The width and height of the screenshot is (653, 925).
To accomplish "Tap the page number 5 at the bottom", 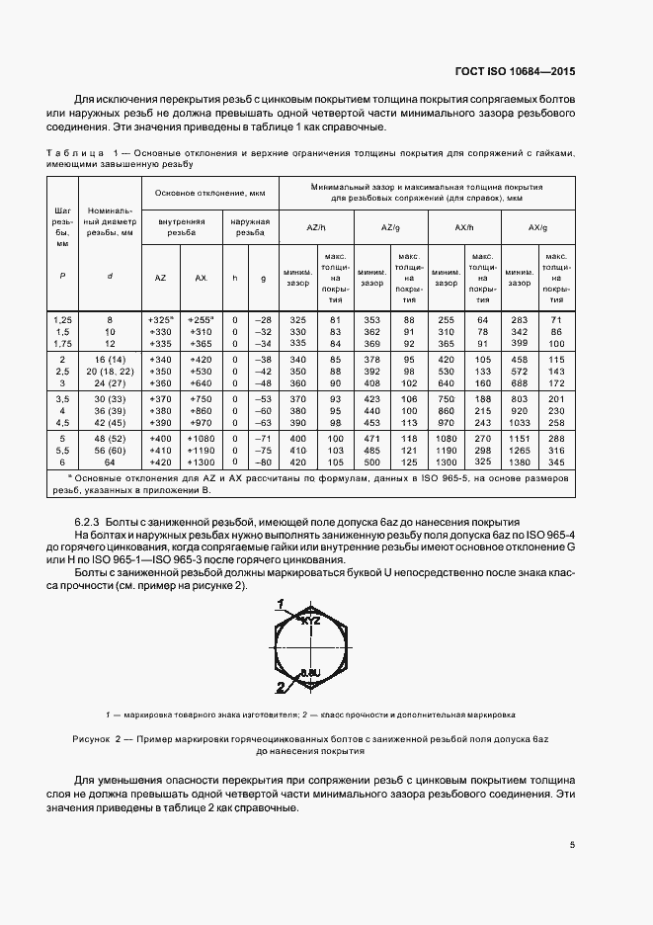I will coord(572,844).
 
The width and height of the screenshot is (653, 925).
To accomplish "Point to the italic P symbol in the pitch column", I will coord(61,278).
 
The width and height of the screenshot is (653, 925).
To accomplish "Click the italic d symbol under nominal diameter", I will coord(110,278).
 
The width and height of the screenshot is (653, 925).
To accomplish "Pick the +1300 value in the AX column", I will coord(202,461).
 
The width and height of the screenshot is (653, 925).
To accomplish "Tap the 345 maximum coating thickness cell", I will coord(557,461).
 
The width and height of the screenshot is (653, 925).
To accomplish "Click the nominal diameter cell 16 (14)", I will coord(110,359).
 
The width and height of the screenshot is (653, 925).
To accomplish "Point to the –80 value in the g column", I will coord(262,461).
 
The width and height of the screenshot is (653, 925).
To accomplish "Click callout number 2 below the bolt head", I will coord(280,686).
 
